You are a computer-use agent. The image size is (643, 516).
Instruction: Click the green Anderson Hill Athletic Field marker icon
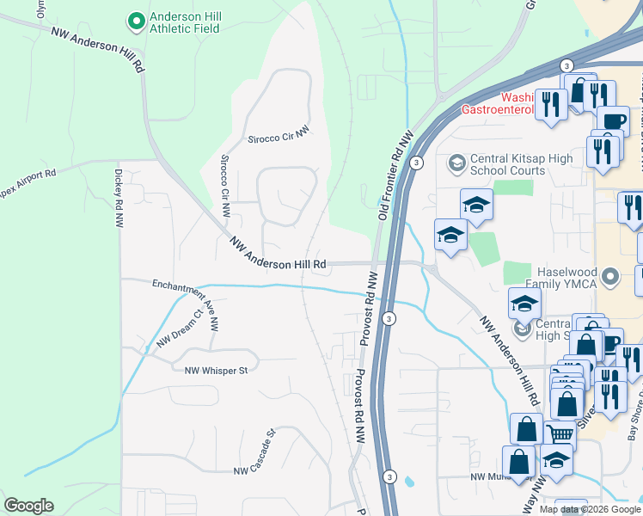point(135,20)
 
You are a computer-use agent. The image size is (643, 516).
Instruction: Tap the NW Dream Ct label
point(179,329)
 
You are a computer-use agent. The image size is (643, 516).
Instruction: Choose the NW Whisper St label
point(216,371)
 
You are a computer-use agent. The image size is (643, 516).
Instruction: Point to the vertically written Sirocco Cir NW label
point(225,185)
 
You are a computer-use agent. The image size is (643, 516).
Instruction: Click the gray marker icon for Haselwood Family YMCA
point(611,277)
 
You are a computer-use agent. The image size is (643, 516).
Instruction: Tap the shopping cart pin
point(560,434)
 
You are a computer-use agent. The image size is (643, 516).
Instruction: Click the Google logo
point(29,506)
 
